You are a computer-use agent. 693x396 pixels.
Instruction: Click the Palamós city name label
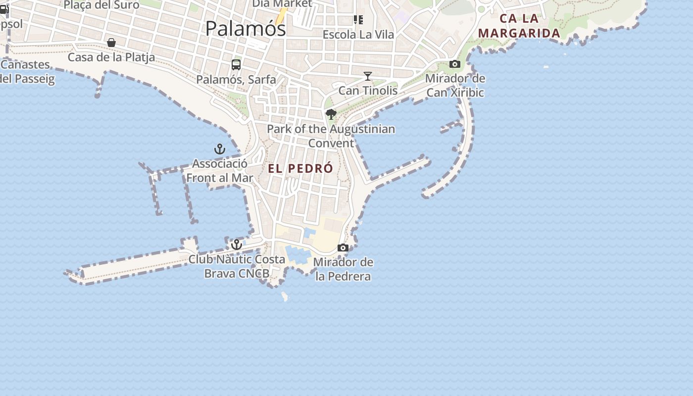(246, 28)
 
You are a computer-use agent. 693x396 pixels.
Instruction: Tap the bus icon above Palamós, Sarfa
(236, 64)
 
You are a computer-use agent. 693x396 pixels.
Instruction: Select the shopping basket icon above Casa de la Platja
(111, 43)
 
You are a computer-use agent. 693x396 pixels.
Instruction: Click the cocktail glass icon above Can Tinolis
(368, 76)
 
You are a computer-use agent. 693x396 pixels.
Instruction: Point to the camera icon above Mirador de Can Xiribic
(455, 64)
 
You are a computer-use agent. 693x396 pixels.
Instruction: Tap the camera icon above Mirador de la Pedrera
(343, 247)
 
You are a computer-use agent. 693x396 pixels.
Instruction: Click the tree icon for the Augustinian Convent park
(331, 115)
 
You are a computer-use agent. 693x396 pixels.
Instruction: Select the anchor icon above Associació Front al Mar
(219, 149)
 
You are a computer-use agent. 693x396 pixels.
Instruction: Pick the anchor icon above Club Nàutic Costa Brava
(237, 245)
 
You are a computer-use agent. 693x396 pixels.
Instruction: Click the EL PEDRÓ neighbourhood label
(300, 169)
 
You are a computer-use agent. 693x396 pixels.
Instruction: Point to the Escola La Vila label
(358, 35)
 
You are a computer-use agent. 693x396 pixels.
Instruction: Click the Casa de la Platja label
(111, 57)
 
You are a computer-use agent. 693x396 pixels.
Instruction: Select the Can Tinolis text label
(368, 91)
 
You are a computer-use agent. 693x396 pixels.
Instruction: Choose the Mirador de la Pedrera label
(343, 269)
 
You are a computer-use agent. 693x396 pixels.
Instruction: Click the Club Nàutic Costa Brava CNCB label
(237, 266)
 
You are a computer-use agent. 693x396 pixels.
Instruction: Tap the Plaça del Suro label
(101, 5)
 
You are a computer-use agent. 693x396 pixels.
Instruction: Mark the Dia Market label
(282, 4)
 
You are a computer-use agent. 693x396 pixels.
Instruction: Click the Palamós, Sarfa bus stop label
(236, 79)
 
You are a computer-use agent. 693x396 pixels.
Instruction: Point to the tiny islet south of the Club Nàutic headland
(285, 297)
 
